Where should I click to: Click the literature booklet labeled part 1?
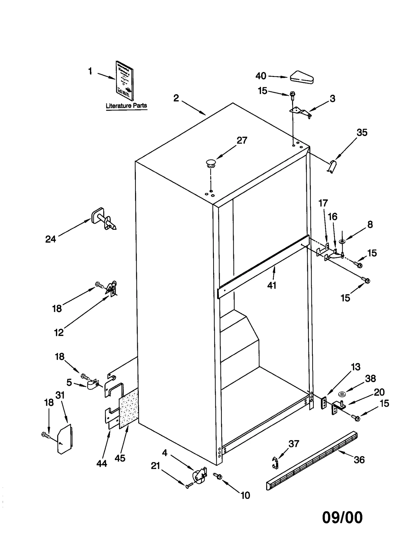pyautogui.click(x=124, y=80)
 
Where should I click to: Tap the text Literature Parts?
pyautogui.click(x=126, y=106)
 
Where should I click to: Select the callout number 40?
pyautogui.click(x=261, y=76)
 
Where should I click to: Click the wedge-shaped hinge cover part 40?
pyautogui.click(x=301, y=77)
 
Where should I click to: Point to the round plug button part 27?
pyautogui.click(x=211, y=163)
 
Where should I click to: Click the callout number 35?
pyautogui.click(x=362, y=133)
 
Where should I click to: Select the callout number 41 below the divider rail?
pyautogui.click(x=272, y=285)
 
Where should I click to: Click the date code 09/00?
pyautogui.click(x=342, y=517)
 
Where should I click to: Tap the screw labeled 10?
pyautogui.click(x=218, y=476)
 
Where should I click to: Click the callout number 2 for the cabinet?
pyautogui.click(x=176, y=98)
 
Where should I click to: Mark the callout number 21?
pyautogui.click(x=155, y=466)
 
